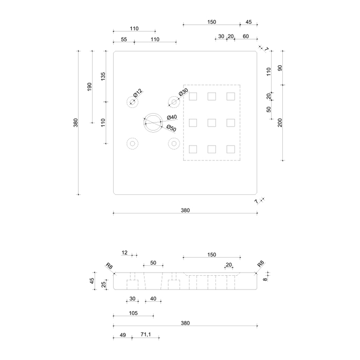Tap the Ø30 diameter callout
point(183,92)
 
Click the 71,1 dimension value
point(146,335)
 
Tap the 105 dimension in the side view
point(133,313)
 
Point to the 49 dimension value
point(122,335)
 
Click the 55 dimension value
point(123,39)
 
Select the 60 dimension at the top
point(246,37)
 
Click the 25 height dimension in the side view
point(103,284)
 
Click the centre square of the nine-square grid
point(212,122)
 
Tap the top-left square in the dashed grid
point(193,96)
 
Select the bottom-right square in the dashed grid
point(230,149)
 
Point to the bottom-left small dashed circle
point(132,143)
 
